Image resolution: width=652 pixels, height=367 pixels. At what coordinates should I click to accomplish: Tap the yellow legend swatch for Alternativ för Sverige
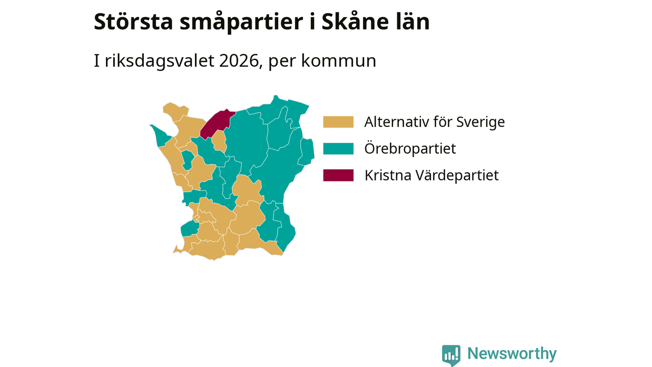(x=338, y=122)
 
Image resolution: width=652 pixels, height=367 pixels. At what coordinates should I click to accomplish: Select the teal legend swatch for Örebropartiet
(x=338, y=148)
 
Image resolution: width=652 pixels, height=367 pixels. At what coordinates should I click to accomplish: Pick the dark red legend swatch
(x=338, y=175)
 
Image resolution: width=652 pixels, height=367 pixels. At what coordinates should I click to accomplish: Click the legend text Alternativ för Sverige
(x=434, y=122)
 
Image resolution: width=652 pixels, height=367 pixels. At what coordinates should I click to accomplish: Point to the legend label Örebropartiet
(x=410, y=148)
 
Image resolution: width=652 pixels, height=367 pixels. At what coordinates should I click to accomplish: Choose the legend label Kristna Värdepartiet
(x=431, y=175)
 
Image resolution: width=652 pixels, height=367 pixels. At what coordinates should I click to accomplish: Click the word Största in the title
(x=133, y=21)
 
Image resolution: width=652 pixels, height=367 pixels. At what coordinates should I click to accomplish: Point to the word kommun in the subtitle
(x=339, y=61)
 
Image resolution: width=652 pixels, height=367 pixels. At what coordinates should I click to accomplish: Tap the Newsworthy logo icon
(x=451, y=355)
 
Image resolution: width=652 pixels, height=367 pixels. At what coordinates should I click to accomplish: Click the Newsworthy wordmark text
(x=512, y=354)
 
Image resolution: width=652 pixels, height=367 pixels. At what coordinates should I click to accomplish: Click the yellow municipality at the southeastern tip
(x=273, y=248)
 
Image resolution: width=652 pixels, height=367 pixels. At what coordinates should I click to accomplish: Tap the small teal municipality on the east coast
(x=306, y=152)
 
